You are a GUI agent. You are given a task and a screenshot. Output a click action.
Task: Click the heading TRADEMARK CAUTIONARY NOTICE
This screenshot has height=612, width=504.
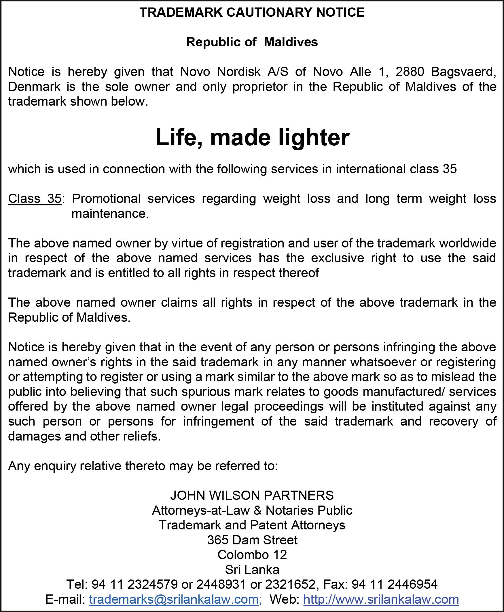(x=252, y=12)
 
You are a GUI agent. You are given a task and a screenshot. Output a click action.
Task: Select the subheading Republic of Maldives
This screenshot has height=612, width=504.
(x=252, y=42)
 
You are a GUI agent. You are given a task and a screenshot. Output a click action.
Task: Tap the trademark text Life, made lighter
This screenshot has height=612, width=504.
(x=252, y=137)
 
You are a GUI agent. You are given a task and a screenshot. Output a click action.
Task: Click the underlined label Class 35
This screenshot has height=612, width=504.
(x=35, y=199)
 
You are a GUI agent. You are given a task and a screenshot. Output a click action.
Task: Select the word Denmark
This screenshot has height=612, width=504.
(x=34, y=87)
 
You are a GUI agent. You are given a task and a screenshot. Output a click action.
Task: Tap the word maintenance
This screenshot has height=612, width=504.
(x=110, y=214)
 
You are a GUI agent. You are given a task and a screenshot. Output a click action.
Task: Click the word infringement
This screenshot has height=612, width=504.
(x=218, y=421)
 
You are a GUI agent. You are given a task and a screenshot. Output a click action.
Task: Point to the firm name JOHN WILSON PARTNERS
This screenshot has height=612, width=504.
(x=252, y=495)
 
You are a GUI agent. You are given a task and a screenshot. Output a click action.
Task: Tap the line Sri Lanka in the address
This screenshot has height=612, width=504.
(x=252, y=570)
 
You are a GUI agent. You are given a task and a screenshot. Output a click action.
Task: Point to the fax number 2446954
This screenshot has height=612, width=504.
(x=412, y=584)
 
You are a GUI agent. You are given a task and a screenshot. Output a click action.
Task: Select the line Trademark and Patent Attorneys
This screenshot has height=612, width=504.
(x=252, y=525)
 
